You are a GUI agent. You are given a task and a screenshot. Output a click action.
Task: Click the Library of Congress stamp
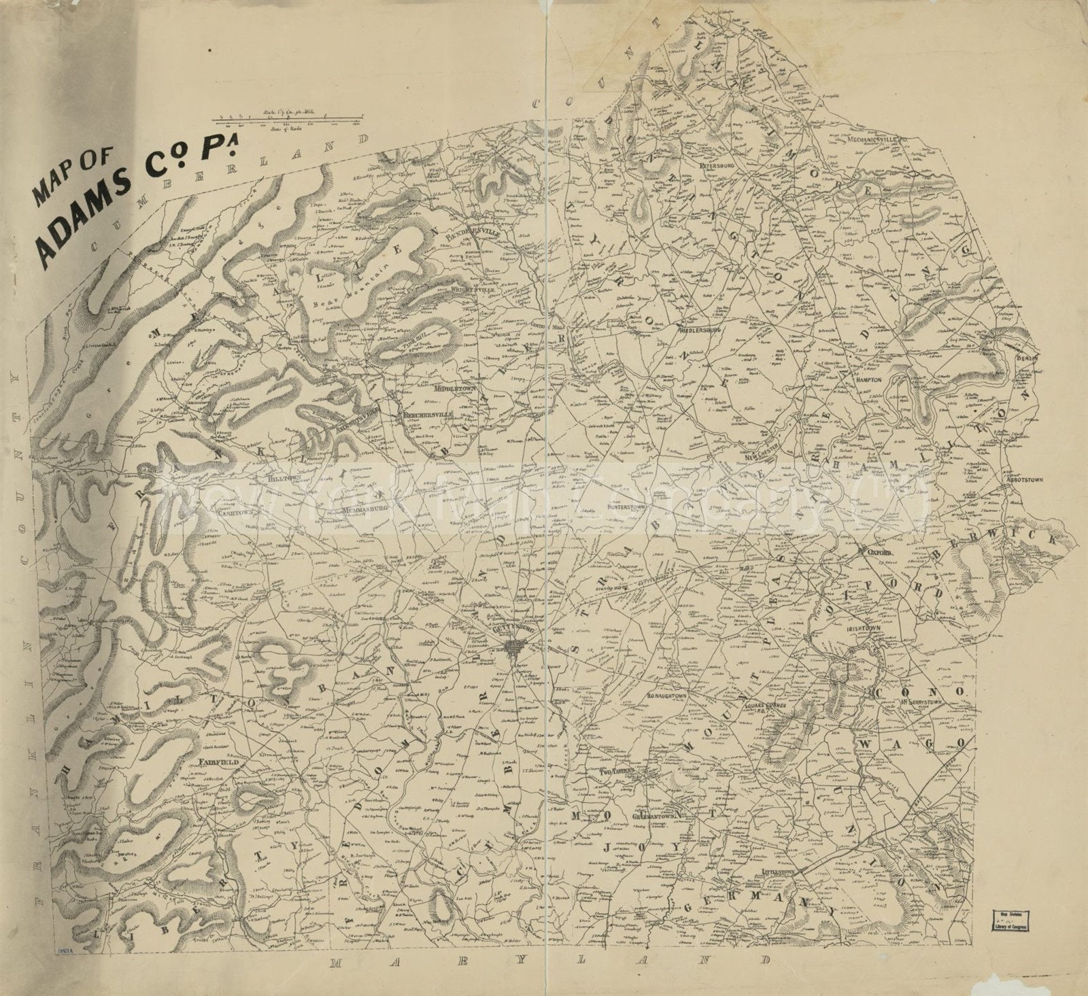point(1009,919)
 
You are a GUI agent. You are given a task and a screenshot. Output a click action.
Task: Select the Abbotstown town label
point(1026,479)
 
